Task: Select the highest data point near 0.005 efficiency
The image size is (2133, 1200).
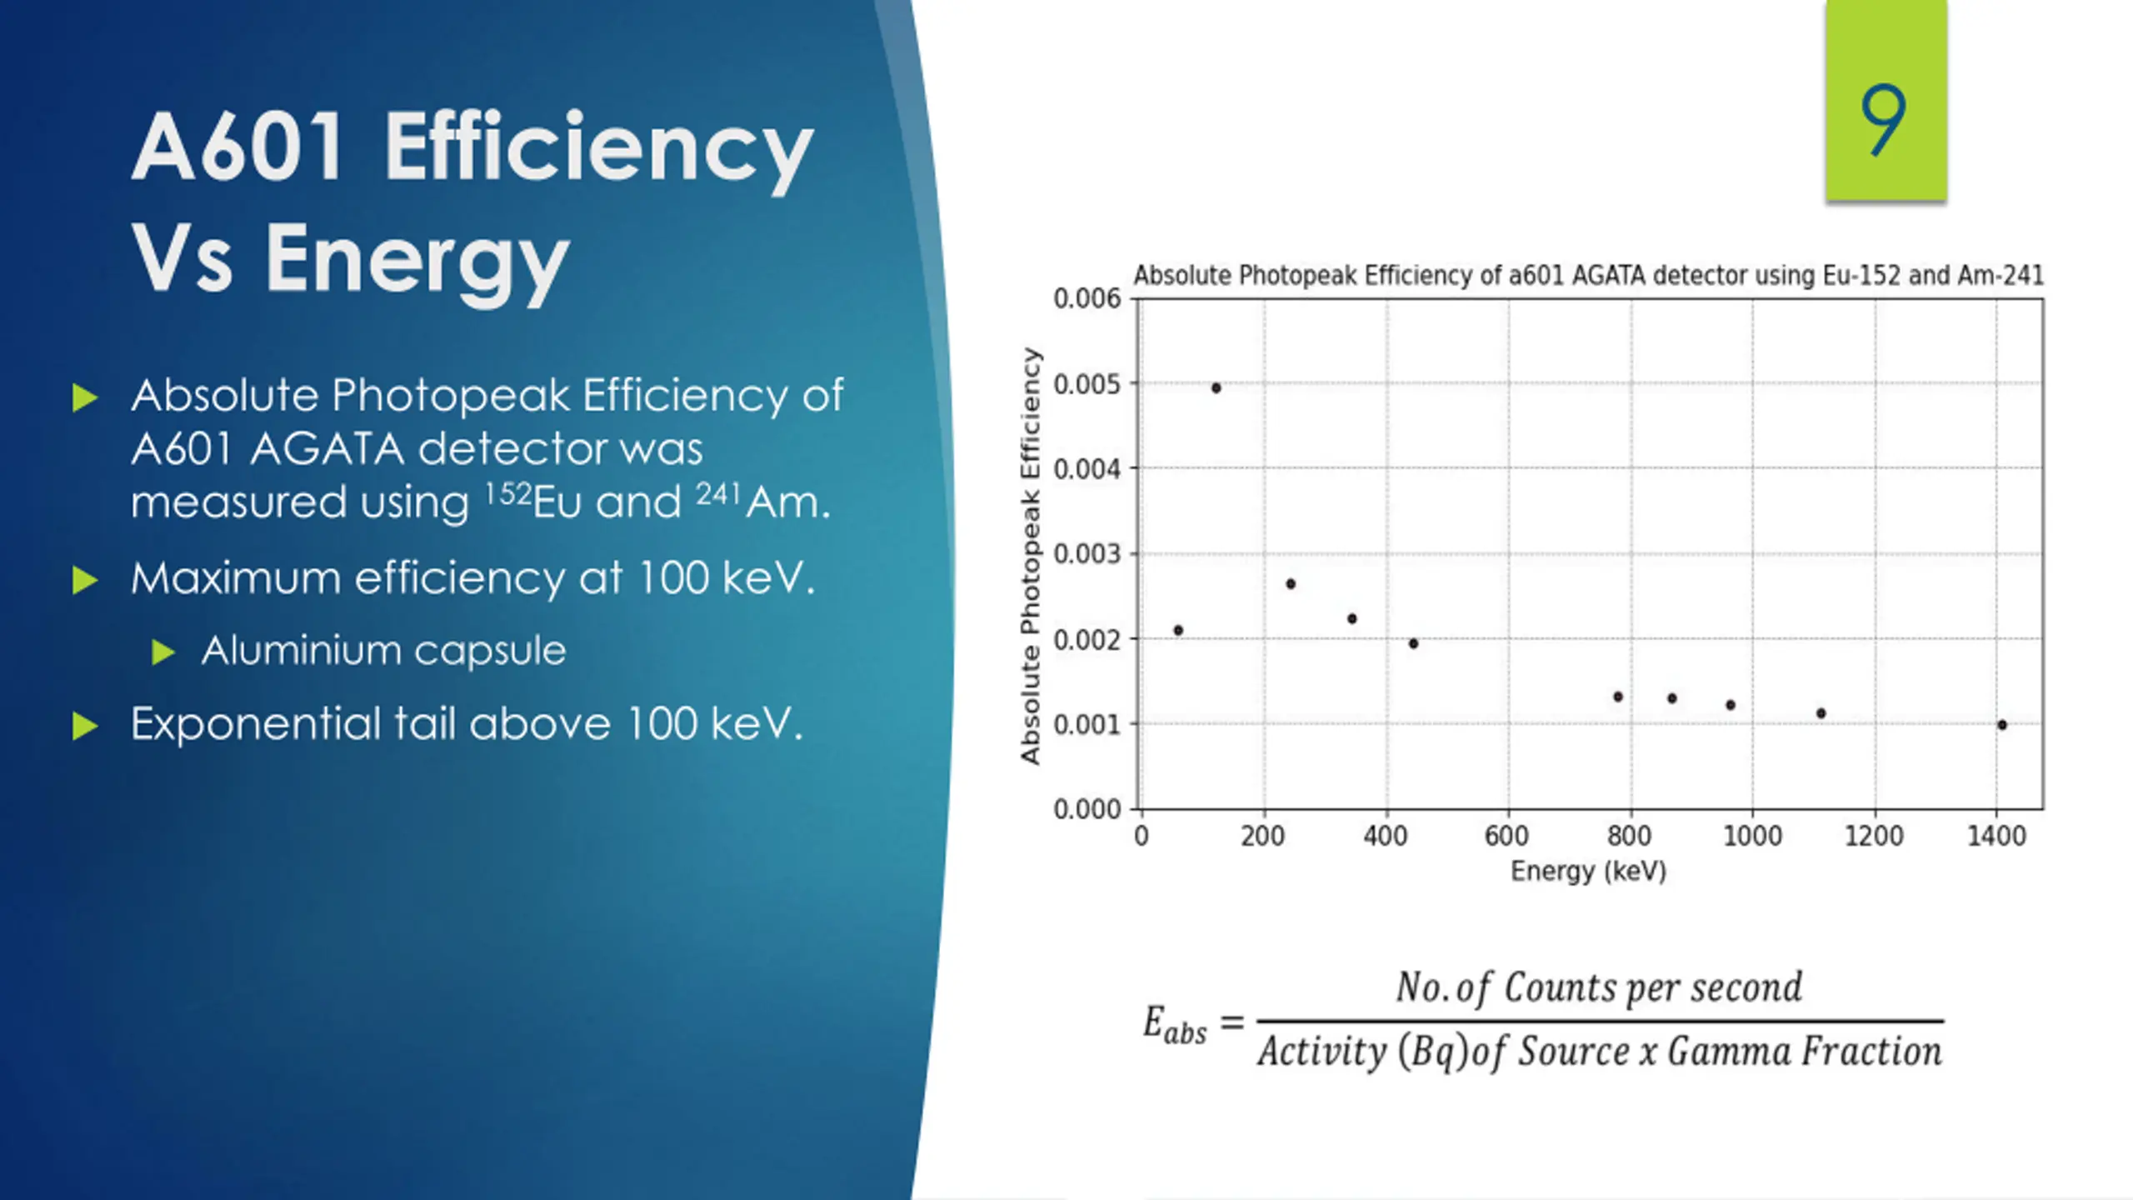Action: coord(1216,387)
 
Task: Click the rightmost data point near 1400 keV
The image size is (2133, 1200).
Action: coord(2002,725)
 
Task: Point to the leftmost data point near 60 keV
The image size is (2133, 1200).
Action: coord(1178,630)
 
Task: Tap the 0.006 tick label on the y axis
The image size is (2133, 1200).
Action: coord(1086,298)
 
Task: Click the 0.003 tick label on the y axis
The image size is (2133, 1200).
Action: coord(1086,554)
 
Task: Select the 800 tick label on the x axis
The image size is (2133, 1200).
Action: coord(1629,836)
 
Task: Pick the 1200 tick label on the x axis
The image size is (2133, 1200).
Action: coord(1874,836)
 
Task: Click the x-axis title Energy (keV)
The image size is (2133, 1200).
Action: coord(1588,872)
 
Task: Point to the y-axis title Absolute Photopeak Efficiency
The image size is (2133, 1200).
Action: coord(1031,556)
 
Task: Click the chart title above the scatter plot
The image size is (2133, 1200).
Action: coord(1588,275)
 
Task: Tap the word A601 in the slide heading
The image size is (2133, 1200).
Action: coord(237,147)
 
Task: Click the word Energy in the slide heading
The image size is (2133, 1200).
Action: coord(417,261)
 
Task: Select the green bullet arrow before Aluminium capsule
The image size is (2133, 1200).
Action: coord(163,652)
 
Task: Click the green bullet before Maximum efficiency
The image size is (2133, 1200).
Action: coord(85,580)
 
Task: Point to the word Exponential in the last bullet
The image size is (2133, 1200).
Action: coord(255,723)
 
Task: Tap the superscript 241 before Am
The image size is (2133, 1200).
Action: coord(717,493)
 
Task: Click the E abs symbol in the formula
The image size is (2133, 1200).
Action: coord(1174,1024)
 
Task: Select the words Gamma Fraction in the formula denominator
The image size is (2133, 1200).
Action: coord(1804,1052)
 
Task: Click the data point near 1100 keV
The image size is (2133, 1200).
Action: coord(1821,713)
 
